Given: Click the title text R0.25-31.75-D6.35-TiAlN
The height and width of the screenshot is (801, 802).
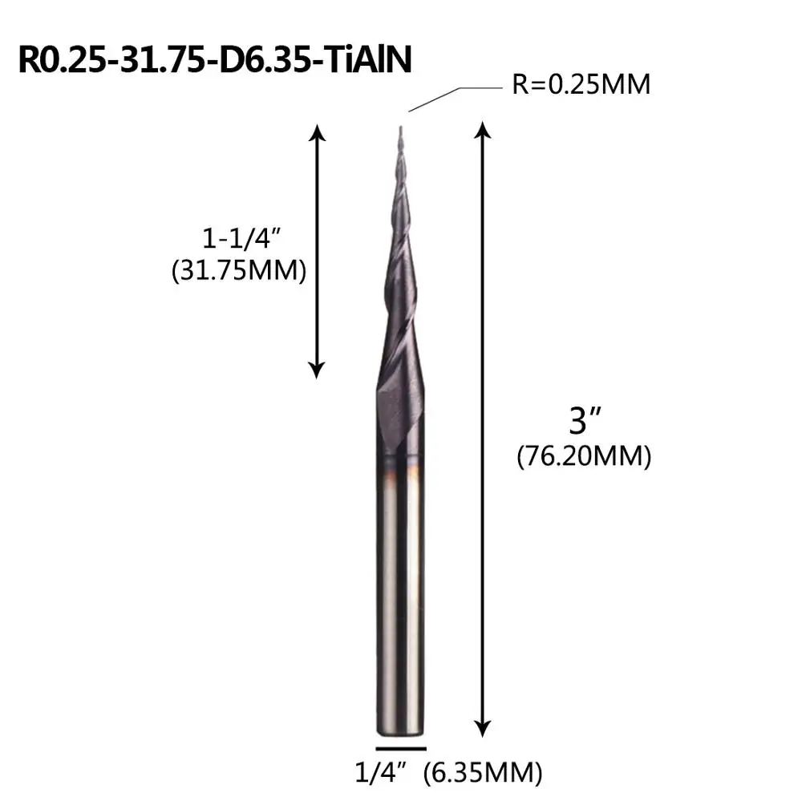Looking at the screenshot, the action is coord(215,60).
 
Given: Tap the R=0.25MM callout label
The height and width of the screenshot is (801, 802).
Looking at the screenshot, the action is coord(581,84).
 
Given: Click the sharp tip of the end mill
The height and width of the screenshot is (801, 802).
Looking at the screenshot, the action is coord(400,127).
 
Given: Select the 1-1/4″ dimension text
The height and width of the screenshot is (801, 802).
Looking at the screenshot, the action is coord(242,238).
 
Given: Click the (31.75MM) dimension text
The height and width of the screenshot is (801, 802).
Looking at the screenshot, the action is coord(239,270).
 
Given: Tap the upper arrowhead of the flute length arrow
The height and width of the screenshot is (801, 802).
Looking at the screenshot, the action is coord(317,132).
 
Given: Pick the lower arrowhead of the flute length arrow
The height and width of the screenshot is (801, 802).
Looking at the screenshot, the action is coord(317,370).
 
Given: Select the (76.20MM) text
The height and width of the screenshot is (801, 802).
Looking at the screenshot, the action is coord(584,455).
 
